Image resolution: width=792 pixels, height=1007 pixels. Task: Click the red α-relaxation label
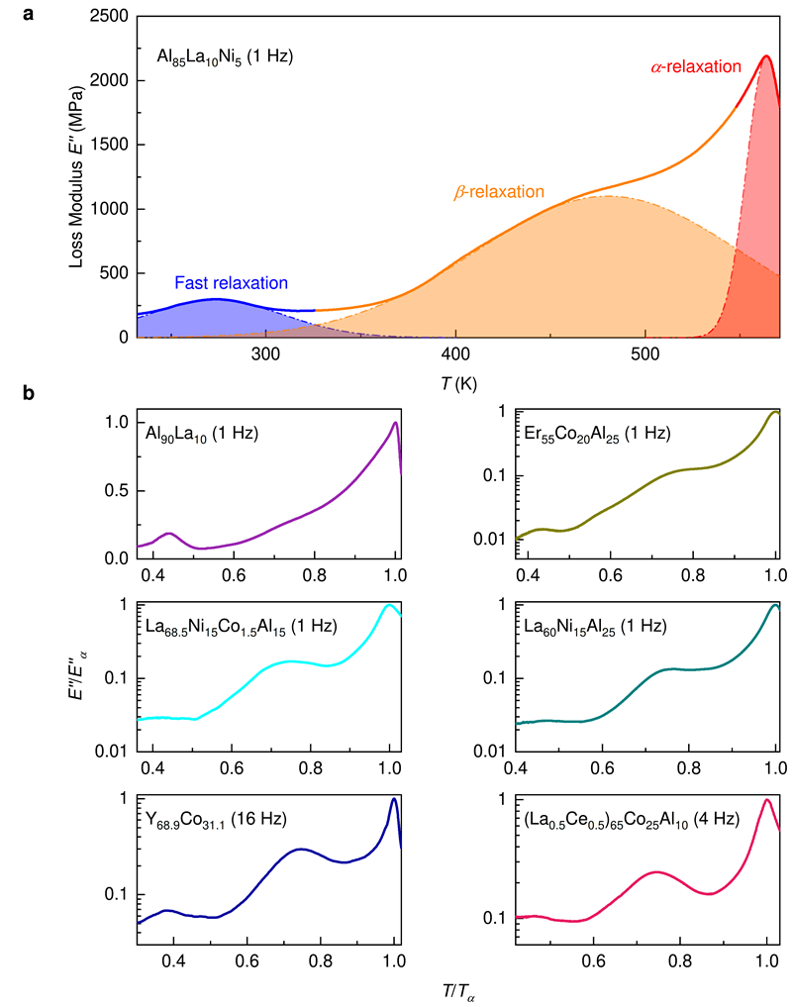(x=696, y=67)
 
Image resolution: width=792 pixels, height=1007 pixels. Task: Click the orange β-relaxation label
(x=499, y=192)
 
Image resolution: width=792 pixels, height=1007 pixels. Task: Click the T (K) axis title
(x=456, y=379)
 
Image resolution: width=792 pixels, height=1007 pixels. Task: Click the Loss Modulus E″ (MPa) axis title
(x=78, y=176)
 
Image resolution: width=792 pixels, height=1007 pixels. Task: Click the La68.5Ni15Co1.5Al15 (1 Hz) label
(x=251, y=628)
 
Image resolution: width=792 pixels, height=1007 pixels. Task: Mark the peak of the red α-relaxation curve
(x=765, y=56)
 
